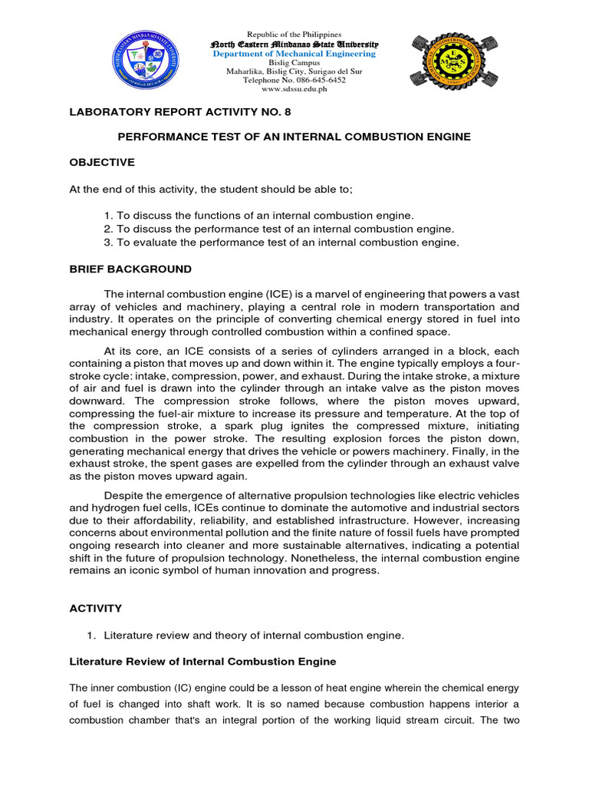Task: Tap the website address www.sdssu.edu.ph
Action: (294, 89)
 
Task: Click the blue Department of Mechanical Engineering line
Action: (294, 54)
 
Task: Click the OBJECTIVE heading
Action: (102, 162)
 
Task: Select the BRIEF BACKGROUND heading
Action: (131, 269)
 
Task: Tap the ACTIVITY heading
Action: (96, 608)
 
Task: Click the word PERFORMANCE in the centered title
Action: (158, 137)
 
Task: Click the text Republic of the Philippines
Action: (294, 35)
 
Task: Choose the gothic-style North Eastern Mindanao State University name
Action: (294, 45)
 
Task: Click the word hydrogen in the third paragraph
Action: (114, 507)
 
